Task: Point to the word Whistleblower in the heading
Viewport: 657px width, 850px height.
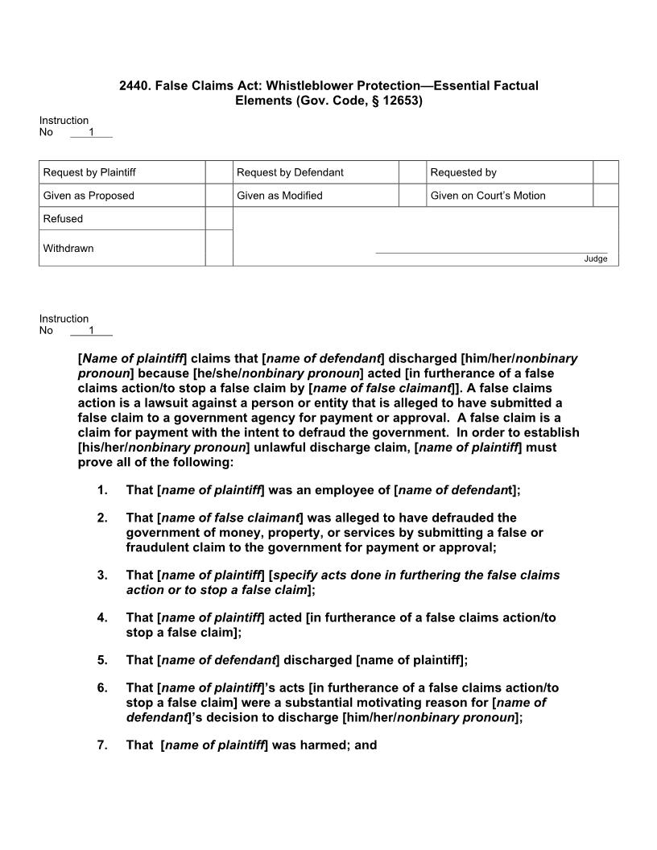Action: [x=305, y=85]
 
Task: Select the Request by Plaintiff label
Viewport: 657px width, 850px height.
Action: [x=89, y=172]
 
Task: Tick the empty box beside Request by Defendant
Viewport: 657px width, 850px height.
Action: [x=413, y=172]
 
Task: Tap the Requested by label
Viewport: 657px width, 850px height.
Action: [x=464, y=172]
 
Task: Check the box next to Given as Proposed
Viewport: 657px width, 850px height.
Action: [x=219, y=196]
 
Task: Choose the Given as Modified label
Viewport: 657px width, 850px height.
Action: [x=279, y=196]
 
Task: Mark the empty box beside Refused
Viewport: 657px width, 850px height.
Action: [x=219, y=219]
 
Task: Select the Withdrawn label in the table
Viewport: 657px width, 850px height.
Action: [x=68, y=249]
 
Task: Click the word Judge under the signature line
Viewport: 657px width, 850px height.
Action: [x=596, y=259]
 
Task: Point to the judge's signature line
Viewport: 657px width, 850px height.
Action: [x=491, y=253]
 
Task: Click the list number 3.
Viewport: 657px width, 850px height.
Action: [x=102, y=576]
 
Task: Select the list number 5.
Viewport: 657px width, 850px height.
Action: [x=102, y=660]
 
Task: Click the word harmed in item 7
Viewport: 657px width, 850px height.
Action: [x=311, y=745]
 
